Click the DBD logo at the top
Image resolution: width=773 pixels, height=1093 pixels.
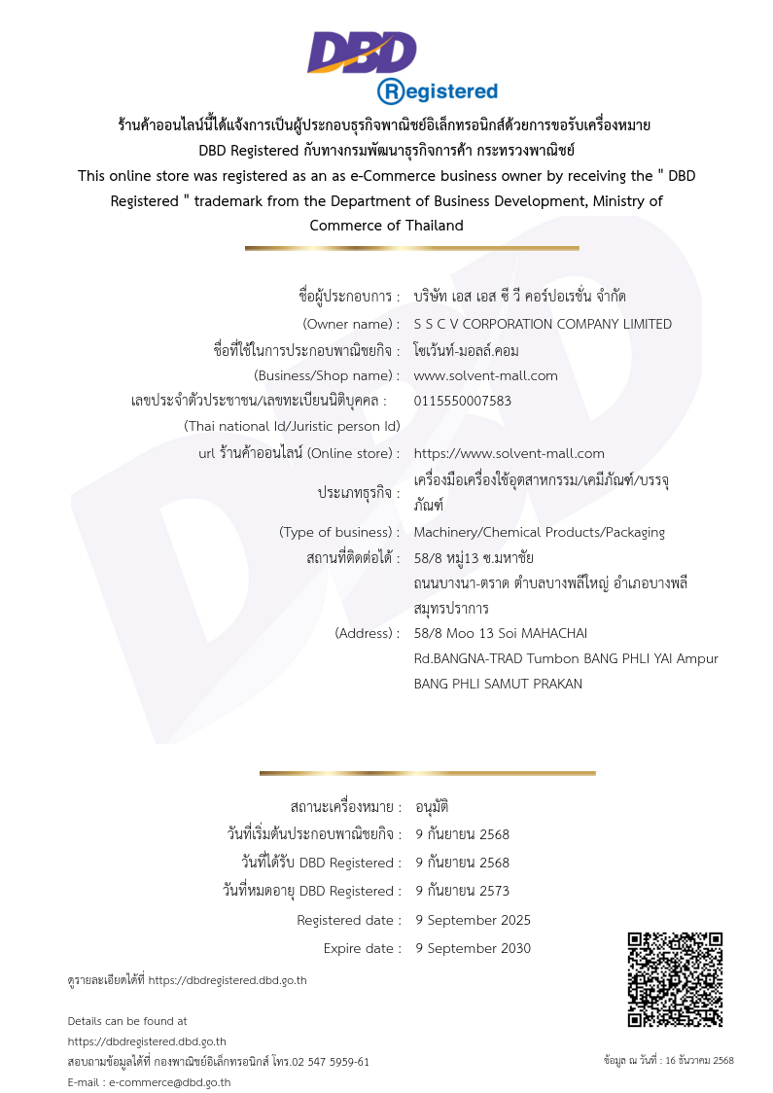(x=362, y=53)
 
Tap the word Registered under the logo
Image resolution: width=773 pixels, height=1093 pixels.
(x=438, y=91)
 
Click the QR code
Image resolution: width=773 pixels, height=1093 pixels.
(x=675, y=979)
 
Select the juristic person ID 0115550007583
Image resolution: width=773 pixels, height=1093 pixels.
(x=463, y=401)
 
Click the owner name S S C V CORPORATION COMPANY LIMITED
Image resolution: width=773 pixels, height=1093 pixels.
(x=543, y=324)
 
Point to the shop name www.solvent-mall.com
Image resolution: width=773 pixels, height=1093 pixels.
(x=486, y=375)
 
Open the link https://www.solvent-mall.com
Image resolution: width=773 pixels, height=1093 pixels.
(x=509, y=453)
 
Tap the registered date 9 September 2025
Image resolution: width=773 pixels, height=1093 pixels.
(x=474, y=920)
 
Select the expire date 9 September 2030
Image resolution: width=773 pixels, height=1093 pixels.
(x=474, y=948)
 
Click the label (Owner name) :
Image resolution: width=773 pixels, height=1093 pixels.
(x=351, y=324)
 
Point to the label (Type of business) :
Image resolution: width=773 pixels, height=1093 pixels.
(x=339, y=532)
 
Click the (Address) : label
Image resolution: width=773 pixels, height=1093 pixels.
(x=367, y=633)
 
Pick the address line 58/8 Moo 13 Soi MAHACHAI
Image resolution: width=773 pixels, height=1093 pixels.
(x=501, y=633)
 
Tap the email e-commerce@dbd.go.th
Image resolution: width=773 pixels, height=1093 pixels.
(x=170, y=1082)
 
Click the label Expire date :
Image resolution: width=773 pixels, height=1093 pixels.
(x=362, y=948)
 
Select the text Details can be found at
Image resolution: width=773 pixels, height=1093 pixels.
(x=127, y=1021)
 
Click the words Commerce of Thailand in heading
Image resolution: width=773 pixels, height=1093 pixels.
(x=386, y=226)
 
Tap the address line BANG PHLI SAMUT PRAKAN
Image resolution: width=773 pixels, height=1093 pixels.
(x=498, y=684)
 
